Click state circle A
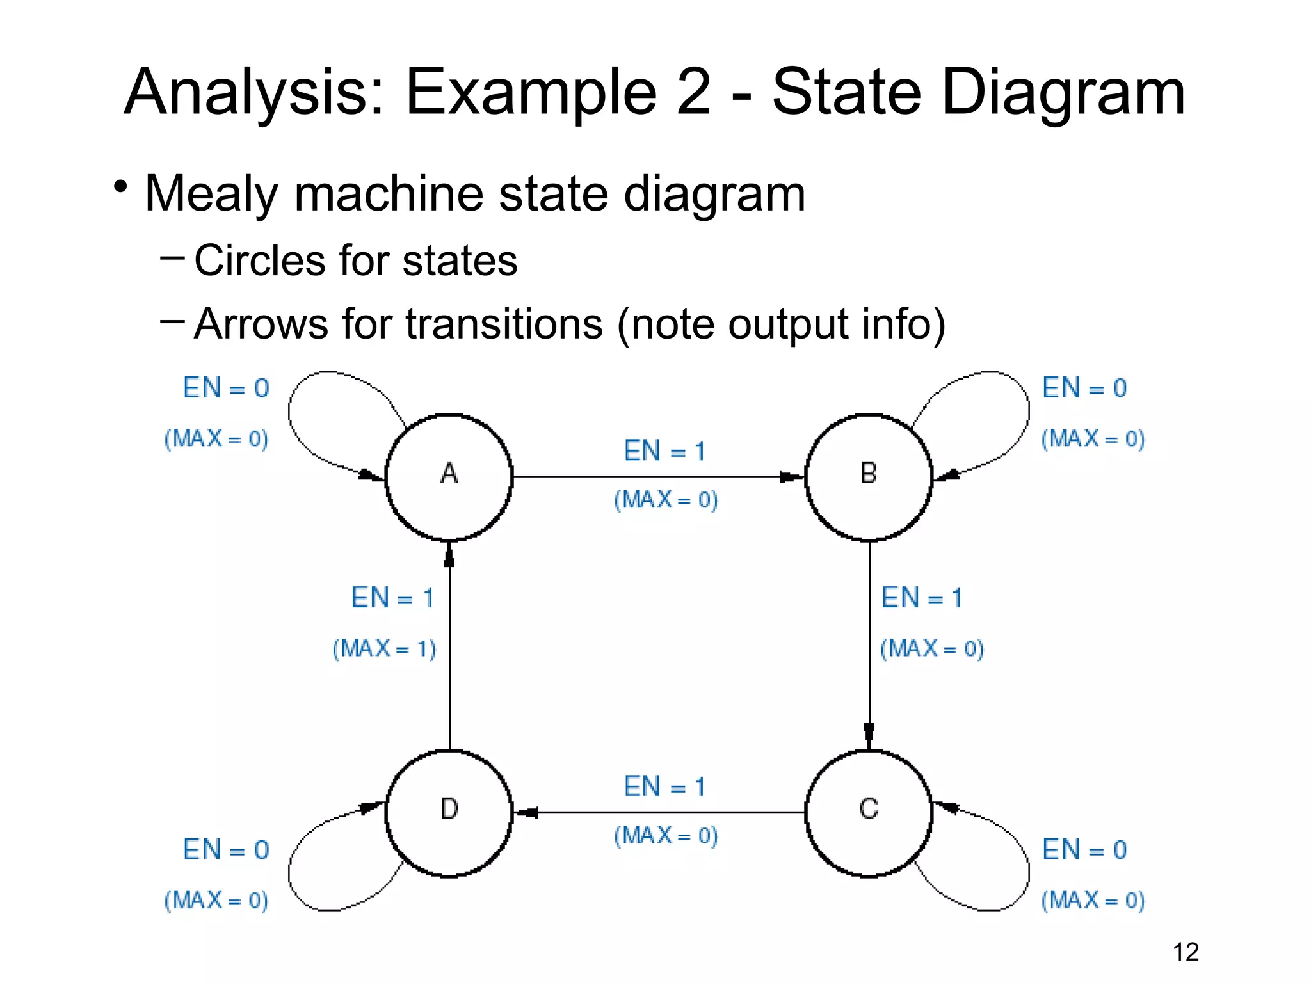449,477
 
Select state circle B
869,477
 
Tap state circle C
869,812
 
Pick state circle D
449,812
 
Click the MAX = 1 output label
384,648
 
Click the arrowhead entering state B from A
791,477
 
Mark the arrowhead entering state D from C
526,813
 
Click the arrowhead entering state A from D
449,555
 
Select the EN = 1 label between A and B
664,451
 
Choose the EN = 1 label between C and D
664,787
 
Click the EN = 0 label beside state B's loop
1084,388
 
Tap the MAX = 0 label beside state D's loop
216,900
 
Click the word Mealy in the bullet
211,194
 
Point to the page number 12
1186,952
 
